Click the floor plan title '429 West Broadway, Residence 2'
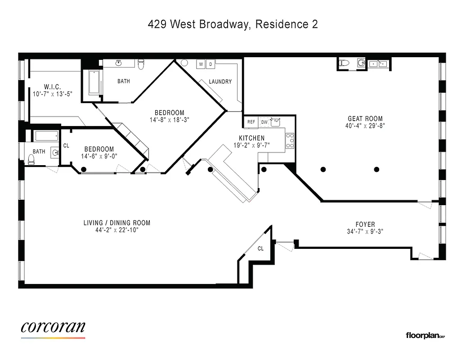233,24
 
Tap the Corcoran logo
53,328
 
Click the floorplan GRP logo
425,335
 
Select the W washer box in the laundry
201,64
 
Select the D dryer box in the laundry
210,64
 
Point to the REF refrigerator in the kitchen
251,122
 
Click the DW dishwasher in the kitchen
264,122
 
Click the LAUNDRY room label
220,81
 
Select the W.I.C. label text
52,86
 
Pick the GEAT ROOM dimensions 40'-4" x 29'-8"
365,126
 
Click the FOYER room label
365,224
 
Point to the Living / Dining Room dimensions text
117,230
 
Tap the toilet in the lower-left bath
31,159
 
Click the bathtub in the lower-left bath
47,136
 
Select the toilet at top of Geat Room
345,63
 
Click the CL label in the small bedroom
66,145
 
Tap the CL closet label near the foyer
260,248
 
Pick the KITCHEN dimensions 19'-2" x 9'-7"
249,145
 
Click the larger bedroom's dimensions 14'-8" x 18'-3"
169,120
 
